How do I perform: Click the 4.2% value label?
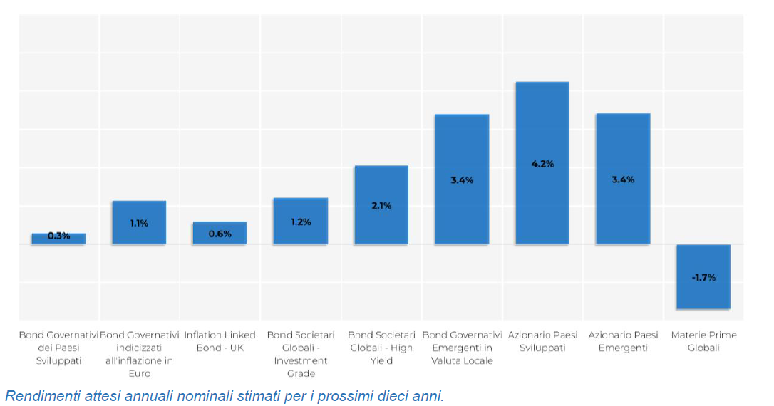tap(542, 164)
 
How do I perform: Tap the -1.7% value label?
tap(703, 277)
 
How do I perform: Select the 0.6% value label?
tap(220, 234)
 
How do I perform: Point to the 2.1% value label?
tap(381, 206)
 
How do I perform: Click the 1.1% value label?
tap(139, 223)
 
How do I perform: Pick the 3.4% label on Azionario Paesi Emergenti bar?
tap(623, 179)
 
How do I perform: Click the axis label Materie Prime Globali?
tap(703, 341)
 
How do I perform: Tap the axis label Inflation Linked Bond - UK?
tap(220, 341)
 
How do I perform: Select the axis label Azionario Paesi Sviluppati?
tap(542, 341)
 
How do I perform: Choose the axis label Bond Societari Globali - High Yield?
tap(381, 348)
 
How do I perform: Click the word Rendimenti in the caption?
tap(40, 395)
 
